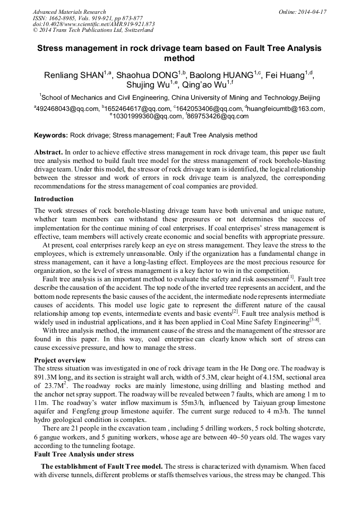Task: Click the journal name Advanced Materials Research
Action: click(x=69, y=12)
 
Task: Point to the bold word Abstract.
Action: click(x=48, y=151)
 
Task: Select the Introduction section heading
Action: click(x=54, y=199)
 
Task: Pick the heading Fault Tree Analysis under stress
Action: click(x=84, y=454)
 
